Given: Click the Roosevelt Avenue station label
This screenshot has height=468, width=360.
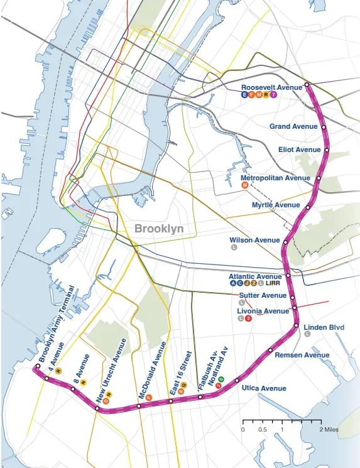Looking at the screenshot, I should point(272,87).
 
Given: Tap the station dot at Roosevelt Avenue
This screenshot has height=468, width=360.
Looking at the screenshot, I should point(307,84).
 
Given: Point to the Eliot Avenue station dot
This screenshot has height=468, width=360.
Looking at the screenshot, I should point(327,150).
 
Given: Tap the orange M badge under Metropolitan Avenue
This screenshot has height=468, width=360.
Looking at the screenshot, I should point(245,186).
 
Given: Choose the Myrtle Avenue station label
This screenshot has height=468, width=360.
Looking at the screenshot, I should point(276,205).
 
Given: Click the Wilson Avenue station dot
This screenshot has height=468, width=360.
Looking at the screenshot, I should point(286,242).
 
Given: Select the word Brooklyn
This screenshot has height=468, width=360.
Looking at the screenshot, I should point(159,229).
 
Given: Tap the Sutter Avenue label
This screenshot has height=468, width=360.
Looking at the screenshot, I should point(263,295).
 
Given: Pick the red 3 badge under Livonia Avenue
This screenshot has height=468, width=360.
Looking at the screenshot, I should point(249,318).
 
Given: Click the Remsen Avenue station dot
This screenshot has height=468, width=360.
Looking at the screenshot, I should point(271,350).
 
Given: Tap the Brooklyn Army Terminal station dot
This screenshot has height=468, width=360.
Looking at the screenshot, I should point(38,366).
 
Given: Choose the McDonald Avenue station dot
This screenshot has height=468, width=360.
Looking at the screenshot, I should point(139,406).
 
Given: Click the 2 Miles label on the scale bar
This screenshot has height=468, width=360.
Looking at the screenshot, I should point(329,429).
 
